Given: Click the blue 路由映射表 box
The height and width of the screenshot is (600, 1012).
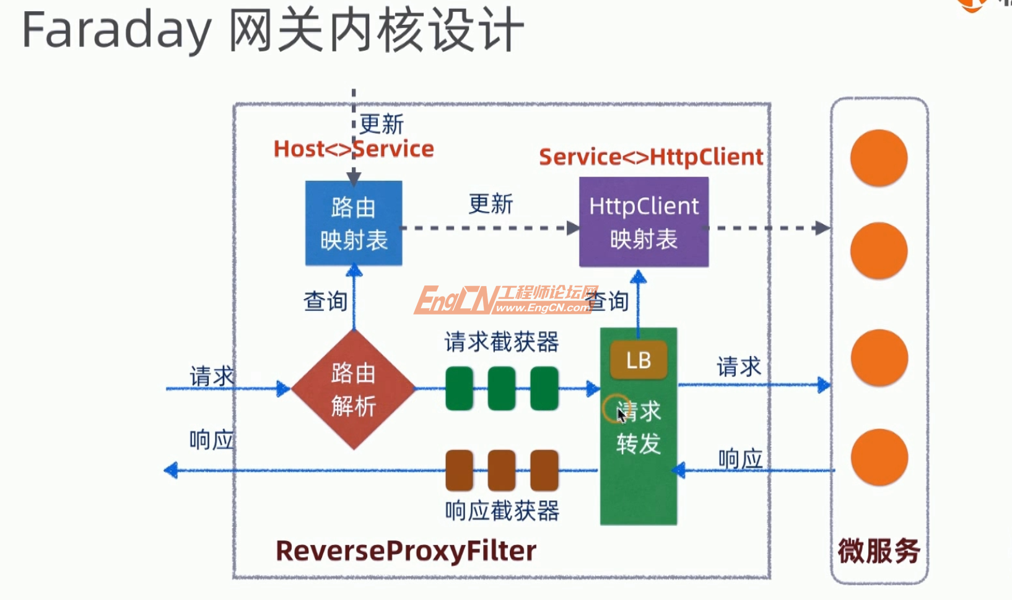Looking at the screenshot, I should [x=354, y=223].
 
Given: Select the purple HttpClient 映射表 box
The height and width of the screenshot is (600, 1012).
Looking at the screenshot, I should [x=643, y=222].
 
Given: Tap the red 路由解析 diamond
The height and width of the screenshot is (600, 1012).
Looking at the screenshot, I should [x=353, y=389].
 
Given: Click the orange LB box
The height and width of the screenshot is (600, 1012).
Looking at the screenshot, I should [x=639, y=360].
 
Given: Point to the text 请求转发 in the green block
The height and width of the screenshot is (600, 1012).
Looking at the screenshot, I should [x=639, y=427].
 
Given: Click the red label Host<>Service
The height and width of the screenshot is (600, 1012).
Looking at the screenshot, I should [x=354, y=149].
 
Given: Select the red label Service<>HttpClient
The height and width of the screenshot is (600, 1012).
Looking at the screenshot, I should [x=651, y=157].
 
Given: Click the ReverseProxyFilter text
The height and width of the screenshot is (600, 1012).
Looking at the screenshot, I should [x=406, y=550].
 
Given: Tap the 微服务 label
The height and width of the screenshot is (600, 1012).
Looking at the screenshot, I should [x=878, y=550].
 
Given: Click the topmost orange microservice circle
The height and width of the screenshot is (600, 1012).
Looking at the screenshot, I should [x=879, y=158].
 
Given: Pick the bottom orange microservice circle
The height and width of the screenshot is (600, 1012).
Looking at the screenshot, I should [x=879, y=458].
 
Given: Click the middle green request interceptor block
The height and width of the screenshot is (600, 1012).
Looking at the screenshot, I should [x=502, y=388].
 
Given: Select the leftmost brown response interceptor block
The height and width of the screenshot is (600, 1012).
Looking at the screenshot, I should [x=460, y=470].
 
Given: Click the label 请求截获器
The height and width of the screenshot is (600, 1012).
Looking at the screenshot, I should [x=502, y=342].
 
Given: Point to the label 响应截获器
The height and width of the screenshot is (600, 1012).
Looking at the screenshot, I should [x=502, y=511].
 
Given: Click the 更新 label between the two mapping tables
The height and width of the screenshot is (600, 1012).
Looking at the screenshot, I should [x=491, y=204].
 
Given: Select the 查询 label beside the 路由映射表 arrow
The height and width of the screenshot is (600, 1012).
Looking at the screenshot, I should [x=325, y=302].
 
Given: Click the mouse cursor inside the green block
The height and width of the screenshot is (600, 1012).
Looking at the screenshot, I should [x=621, y=414].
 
